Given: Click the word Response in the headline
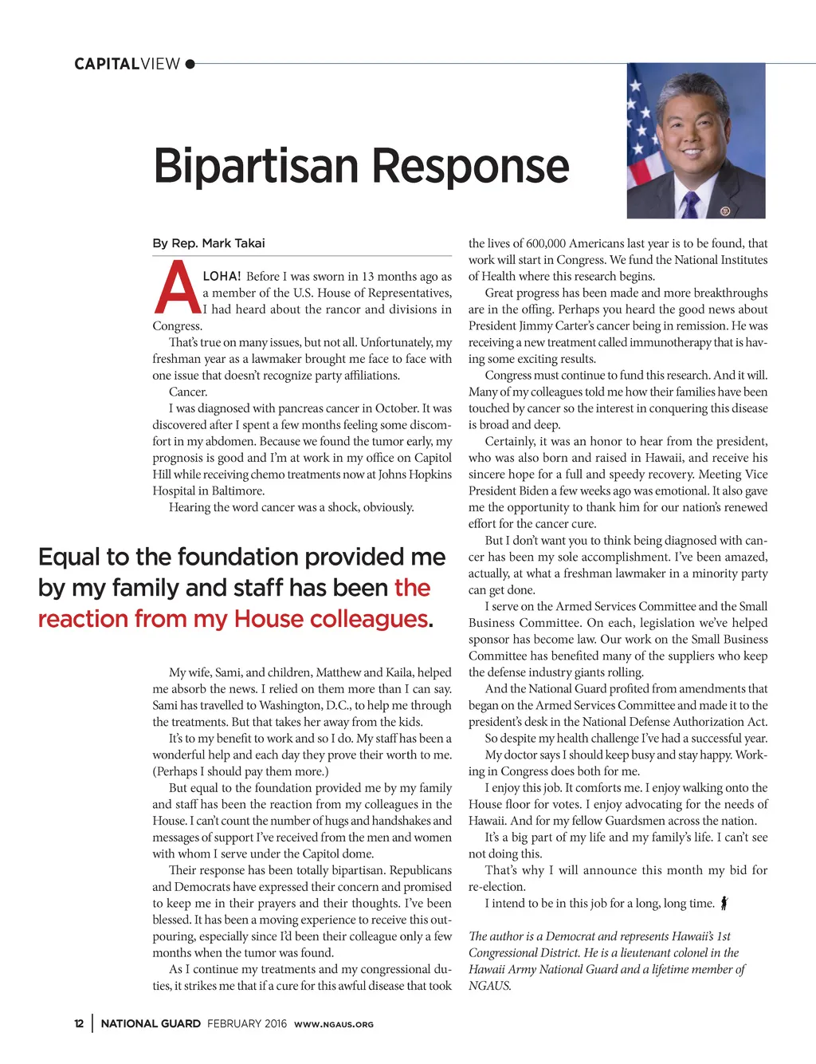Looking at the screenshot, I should [470, 167].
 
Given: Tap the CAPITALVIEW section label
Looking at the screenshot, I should [127, 64].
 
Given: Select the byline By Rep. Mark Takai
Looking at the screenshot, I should [209, 243].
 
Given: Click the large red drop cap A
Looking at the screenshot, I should [176, 289].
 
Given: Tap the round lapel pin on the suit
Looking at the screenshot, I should [725, 211].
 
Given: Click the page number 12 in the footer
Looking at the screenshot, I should [79, 1023].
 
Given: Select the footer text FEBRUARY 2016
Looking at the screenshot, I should [247, 1023].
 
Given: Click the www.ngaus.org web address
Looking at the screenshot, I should [334, 1024].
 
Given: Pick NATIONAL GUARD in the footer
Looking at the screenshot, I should [151, 1023].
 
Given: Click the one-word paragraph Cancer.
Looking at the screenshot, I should [188, 392].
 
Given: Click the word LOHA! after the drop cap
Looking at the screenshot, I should [222, 276].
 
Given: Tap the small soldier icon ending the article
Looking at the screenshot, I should [724, 903].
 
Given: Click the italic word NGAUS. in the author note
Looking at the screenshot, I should [489, 986].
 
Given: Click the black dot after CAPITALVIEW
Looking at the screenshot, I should [190, 64].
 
